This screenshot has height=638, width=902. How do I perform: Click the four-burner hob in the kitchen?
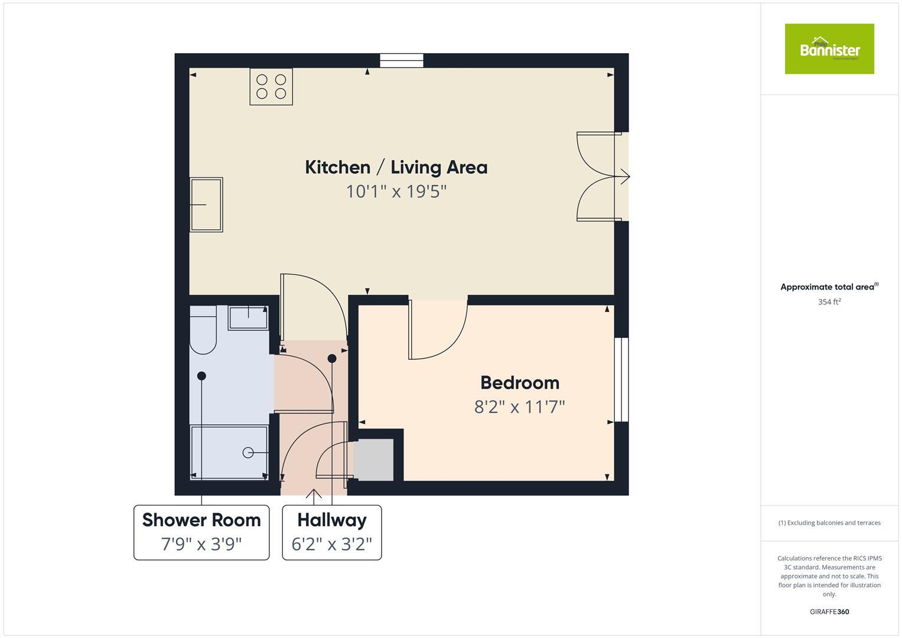coord(271,87)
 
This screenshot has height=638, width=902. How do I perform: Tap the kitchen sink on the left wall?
coord(206,204)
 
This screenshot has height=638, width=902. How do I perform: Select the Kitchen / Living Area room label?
coord(396,167)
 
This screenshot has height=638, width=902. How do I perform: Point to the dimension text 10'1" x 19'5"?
coord(396,191)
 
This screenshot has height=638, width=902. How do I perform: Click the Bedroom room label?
coord(520,383)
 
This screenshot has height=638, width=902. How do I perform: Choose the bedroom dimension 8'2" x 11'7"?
coord(520,407)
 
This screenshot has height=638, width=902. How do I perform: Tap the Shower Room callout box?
coord(201,532)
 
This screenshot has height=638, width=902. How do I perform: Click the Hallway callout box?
coord(331,532)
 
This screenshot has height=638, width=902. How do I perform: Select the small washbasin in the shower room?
coord(248,318)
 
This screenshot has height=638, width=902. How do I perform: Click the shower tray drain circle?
coord(248,453)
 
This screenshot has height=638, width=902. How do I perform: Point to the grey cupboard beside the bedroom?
coord(373,460)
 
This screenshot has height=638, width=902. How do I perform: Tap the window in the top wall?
coord(402,60)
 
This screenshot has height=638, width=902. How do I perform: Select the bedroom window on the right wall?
coord(621,379)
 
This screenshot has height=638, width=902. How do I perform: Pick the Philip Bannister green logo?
coord(829,49)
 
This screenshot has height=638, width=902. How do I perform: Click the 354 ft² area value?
coord(829,302)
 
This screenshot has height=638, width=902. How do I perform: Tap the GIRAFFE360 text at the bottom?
coord(829,611)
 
